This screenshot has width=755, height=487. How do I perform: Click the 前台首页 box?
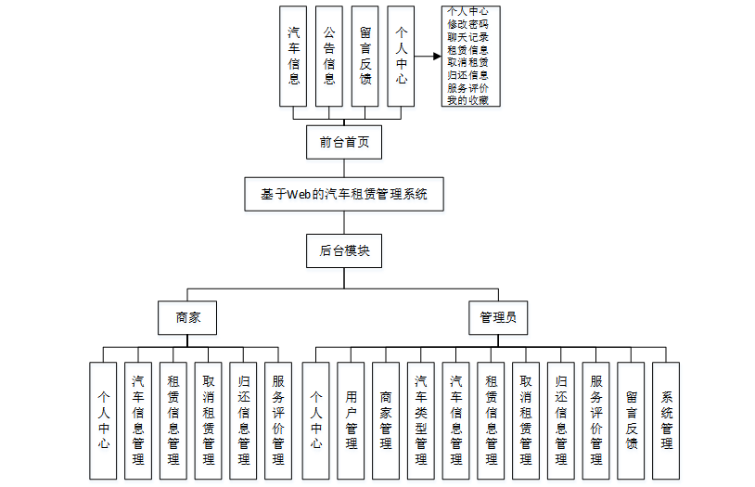click(344, 142)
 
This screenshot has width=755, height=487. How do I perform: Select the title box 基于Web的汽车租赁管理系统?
click(344, 195)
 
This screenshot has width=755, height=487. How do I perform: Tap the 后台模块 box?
click(344, 250)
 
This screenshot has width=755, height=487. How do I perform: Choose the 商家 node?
click(188, 317)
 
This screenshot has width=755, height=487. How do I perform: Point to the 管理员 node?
click(498, 317)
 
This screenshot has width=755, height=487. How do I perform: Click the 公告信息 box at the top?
click(329, 56)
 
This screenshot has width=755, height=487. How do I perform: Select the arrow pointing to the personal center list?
click(428, 56)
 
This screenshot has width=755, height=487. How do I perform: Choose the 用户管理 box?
click(352, 420)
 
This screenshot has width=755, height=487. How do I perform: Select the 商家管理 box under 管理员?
click(387, 420)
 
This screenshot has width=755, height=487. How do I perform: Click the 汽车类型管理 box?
click(421, 420)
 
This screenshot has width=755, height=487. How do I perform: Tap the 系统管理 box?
click(666, 420)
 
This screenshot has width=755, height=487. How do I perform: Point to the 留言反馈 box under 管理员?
click(631, 420)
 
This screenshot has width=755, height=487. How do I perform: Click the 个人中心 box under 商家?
click(104, 420)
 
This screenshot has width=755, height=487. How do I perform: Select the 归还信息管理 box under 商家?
click(244, 420)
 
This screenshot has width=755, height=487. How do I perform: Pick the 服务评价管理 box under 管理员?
click(595, 420)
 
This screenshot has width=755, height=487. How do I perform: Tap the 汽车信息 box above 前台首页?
click(294, 56)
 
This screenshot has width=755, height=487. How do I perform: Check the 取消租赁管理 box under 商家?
click(209, 420)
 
